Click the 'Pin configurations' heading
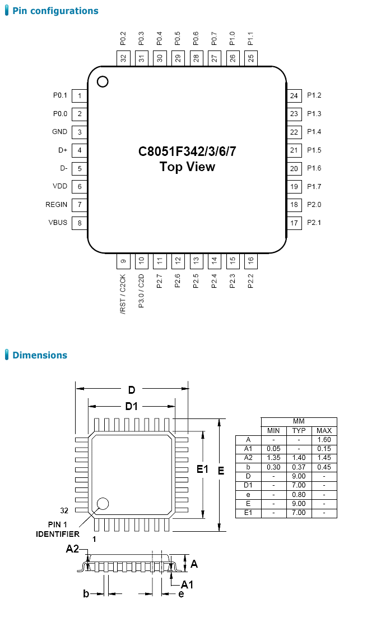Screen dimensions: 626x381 pyautogui.click(x=55, y=11)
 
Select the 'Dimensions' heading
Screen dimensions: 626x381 pyautogui.click(x=39, y=355)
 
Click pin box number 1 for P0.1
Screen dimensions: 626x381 pyautogui.click(x=80, y=96)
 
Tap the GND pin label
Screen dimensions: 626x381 pyautogui.click(x=59, y=132)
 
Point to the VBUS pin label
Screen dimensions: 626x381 pyautogui.click(x=58, y=223)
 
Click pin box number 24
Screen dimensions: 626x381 pyautogui.click(x=294, y=96)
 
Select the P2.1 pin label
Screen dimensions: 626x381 pyautogui.click(x=314, y=223)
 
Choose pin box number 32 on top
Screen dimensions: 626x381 pyautogui.click(x=123, y=57)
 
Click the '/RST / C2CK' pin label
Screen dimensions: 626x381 pyautogui.click(x=123, y=293)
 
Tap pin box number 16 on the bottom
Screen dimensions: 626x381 pyautogui.click(x=250, y=261)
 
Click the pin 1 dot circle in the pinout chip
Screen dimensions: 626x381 pyautogui.click(x=102, y=82)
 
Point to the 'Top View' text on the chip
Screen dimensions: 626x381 pyautogui.click(x=187, y=167)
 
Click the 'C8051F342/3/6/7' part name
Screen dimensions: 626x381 pyautogui.click(x=187, y=151)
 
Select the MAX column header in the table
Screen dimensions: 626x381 pyautogui.click(x=324, y=431)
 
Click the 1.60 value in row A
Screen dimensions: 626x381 pyautogui.click(x=324, y=440)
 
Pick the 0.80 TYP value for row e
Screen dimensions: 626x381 pyautogui.click(x=299, y=495)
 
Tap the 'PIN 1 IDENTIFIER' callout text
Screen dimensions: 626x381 pyautogui.click(x=58, y=530)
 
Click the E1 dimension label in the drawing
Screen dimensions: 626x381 pyautogui.click(x=202, y=469)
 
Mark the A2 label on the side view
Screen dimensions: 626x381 pyautogui.click(x=72, y=549)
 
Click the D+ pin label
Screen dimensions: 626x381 pyautogui.click(x=63, y=150)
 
